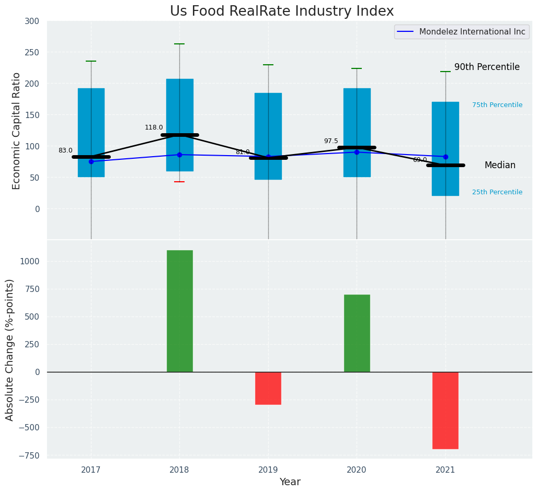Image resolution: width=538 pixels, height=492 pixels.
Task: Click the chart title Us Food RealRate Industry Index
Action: click(281, 11)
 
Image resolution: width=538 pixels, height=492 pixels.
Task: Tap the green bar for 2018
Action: click(179, 311)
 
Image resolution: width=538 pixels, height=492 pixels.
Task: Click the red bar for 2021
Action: click(445, 410)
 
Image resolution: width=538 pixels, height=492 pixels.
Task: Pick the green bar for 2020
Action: click(357, 333)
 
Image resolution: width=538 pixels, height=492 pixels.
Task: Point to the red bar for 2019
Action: click(268, 388)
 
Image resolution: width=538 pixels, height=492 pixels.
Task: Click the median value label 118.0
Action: click(154, 127)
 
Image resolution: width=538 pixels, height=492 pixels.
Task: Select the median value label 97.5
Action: click(330, 141)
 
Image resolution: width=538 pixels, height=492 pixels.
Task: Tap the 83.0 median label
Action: click(65, 150)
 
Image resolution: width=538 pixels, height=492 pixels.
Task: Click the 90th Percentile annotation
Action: click(486, 67)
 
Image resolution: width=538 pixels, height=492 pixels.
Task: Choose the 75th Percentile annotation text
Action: click(497, 105)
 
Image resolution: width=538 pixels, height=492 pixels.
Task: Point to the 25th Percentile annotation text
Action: click(497, 192)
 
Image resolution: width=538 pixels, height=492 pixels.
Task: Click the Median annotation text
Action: click(499, 166)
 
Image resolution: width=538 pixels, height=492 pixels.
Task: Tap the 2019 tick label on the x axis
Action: click(268, 470)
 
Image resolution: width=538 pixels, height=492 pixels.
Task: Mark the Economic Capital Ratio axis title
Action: click(17, 131)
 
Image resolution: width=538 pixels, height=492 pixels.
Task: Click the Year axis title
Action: click(290, 482)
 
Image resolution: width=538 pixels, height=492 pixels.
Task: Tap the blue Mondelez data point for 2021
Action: click(445, 157)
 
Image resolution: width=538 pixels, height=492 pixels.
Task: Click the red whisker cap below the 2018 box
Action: click(179, 182)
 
